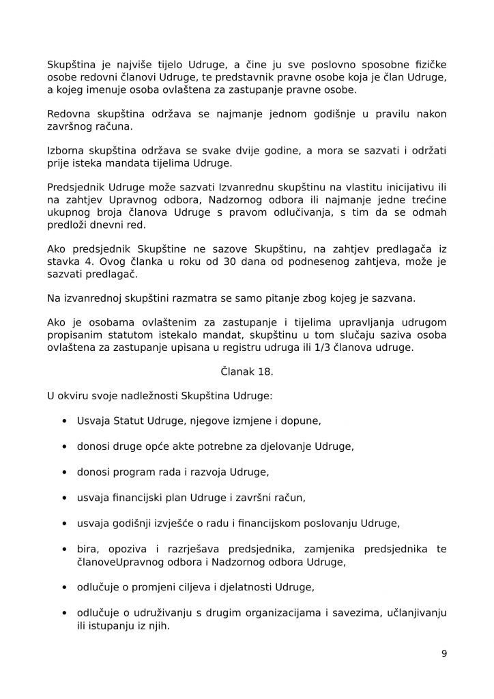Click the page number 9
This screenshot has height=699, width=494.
click(x=444, y=653)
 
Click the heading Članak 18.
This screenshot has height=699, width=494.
click(x=246, y=371)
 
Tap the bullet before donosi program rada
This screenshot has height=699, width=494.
click(x=63, y=472)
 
